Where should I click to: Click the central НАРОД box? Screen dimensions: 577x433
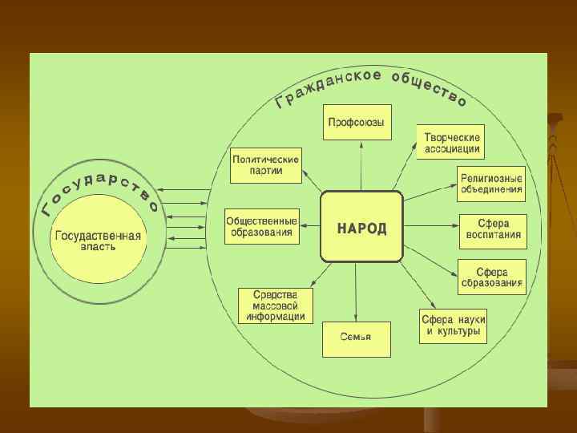pyautogui.click(x=361, y=227)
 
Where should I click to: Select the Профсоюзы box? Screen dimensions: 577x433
pyautogui.click(x=357, y=123)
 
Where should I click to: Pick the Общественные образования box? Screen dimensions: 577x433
pyautogui.click(x=261, y=226)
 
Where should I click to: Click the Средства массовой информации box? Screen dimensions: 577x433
pyautogui.click(x=276, y=305)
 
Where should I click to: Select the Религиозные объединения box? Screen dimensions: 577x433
pyautogui.click(x=491, y=184)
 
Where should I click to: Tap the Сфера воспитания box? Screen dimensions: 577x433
pyautogui.click(x=493, y=228)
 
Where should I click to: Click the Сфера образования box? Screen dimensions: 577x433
pyautogui.click(x=491, y=276)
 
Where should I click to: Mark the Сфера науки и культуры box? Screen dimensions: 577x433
pyautogui.click(x=453, y=325)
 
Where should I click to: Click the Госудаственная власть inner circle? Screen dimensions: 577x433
pyautogui.click(x=98, y=241)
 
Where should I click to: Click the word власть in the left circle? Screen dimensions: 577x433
pyautogui.click(x=98, y=247)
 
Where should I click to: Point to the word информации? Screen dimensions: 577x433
pyautogui.click(x=276, y=316)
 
